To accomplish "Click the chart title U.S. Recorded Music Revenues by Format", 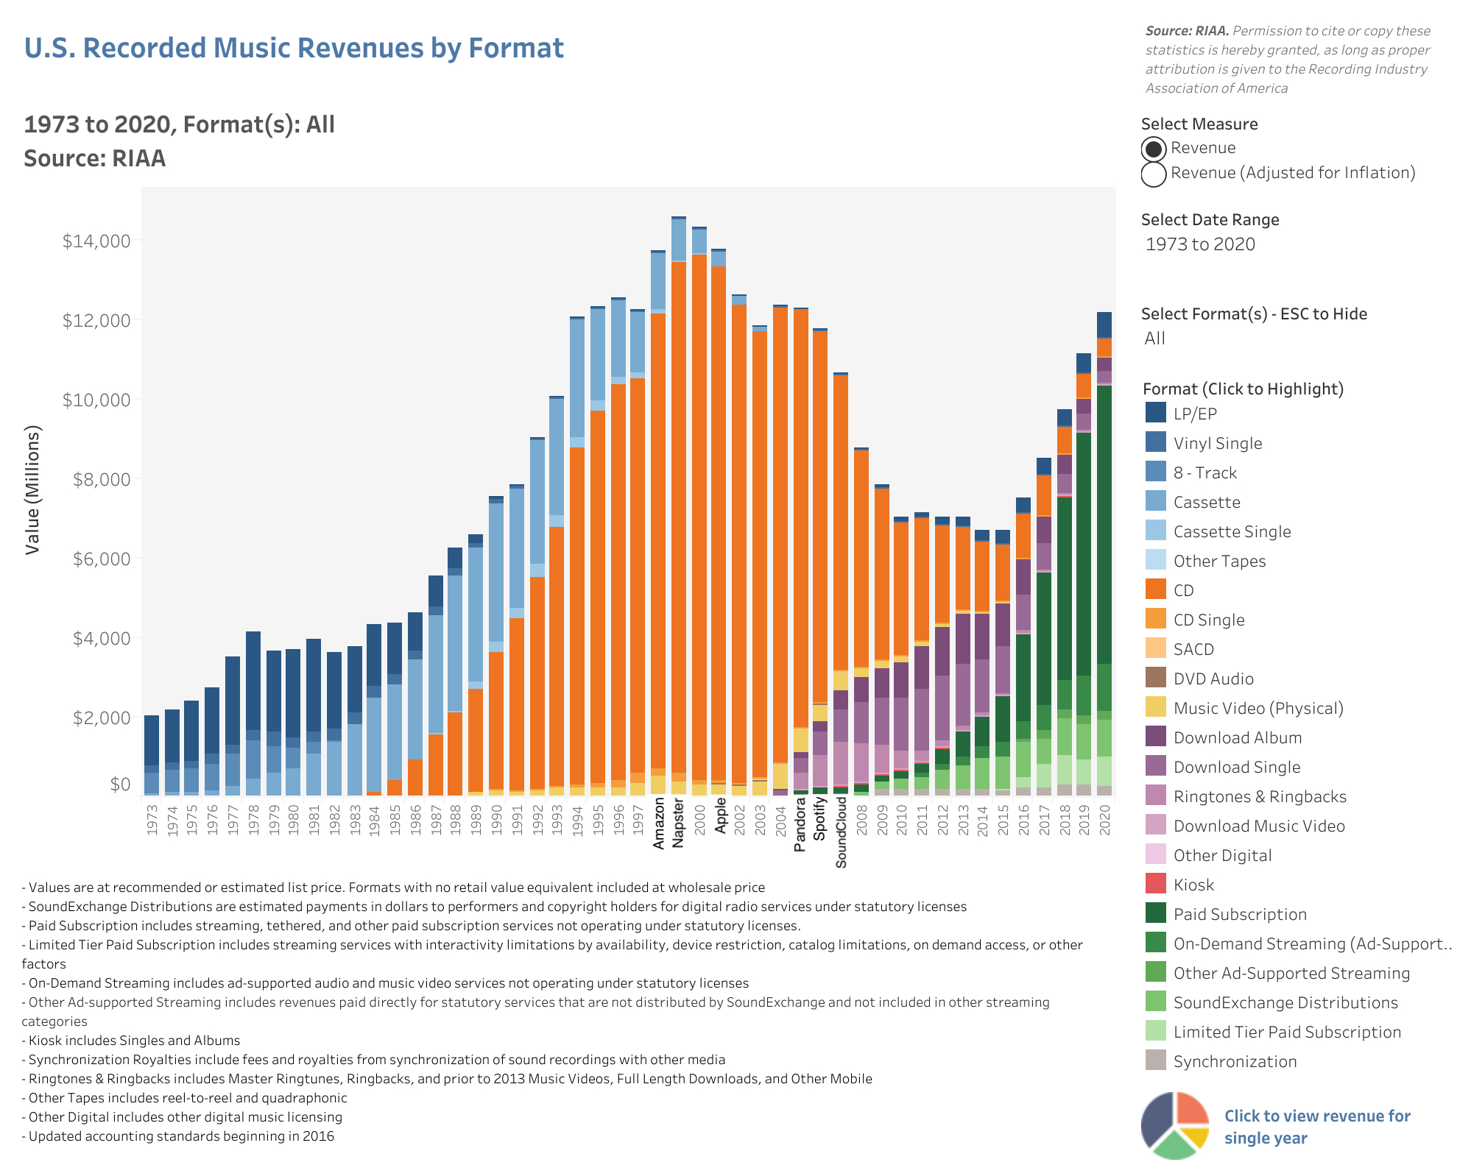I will click(x=294, y=48).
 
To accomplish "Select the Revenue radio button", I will click(x=1154, y=149).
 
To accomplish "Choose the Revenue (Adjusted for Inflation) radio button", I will click(x=1154, y=174).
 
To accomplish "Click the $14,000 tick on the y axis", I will click(x=96, y=241).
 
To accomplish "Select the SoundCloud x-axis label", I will click(x=842, y=832).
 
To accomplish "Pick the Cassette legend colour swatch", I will click(x=1156, y=502).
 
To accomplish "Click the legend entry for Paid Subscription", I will click(x=1240, y=914).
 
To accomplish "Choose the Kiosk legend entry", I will click(x=1193, y=885).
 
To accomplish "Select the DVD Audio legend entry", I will click(x=1213, y=679).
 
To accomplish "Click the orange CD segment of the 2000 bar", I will click(x=699, y=515).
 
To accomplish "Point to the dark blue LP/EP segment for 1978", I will click(x=253, y=681).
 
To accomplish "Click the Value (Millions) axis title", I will click(x=32, y=490).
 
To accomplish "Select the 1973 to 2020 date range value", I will click(x=1200, y=244).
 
